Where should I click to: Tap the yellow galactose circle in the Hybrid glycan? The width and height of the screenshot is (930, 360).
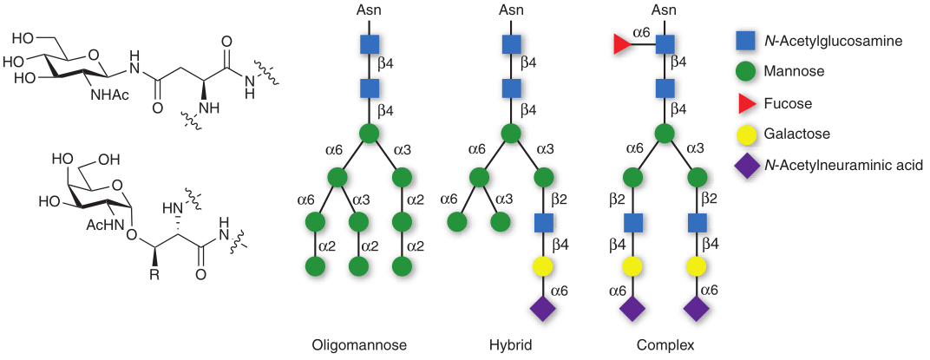543,265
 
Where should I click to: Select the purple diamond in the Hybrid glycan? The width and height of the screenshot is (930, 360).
543,307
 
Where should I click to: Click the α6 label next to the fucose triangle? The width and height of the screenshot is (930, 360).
641,32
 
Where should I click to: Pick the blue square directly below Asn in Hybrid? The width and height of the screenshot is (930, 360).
510,44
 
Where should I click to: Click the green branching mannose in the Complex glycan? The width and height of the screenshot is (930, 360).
665,134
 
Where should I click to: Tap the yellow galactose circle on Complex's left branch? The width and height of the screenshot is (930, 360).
633,265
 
